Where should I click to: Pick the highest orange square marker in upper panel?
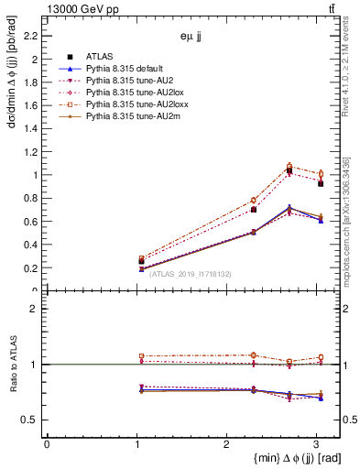289,166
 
